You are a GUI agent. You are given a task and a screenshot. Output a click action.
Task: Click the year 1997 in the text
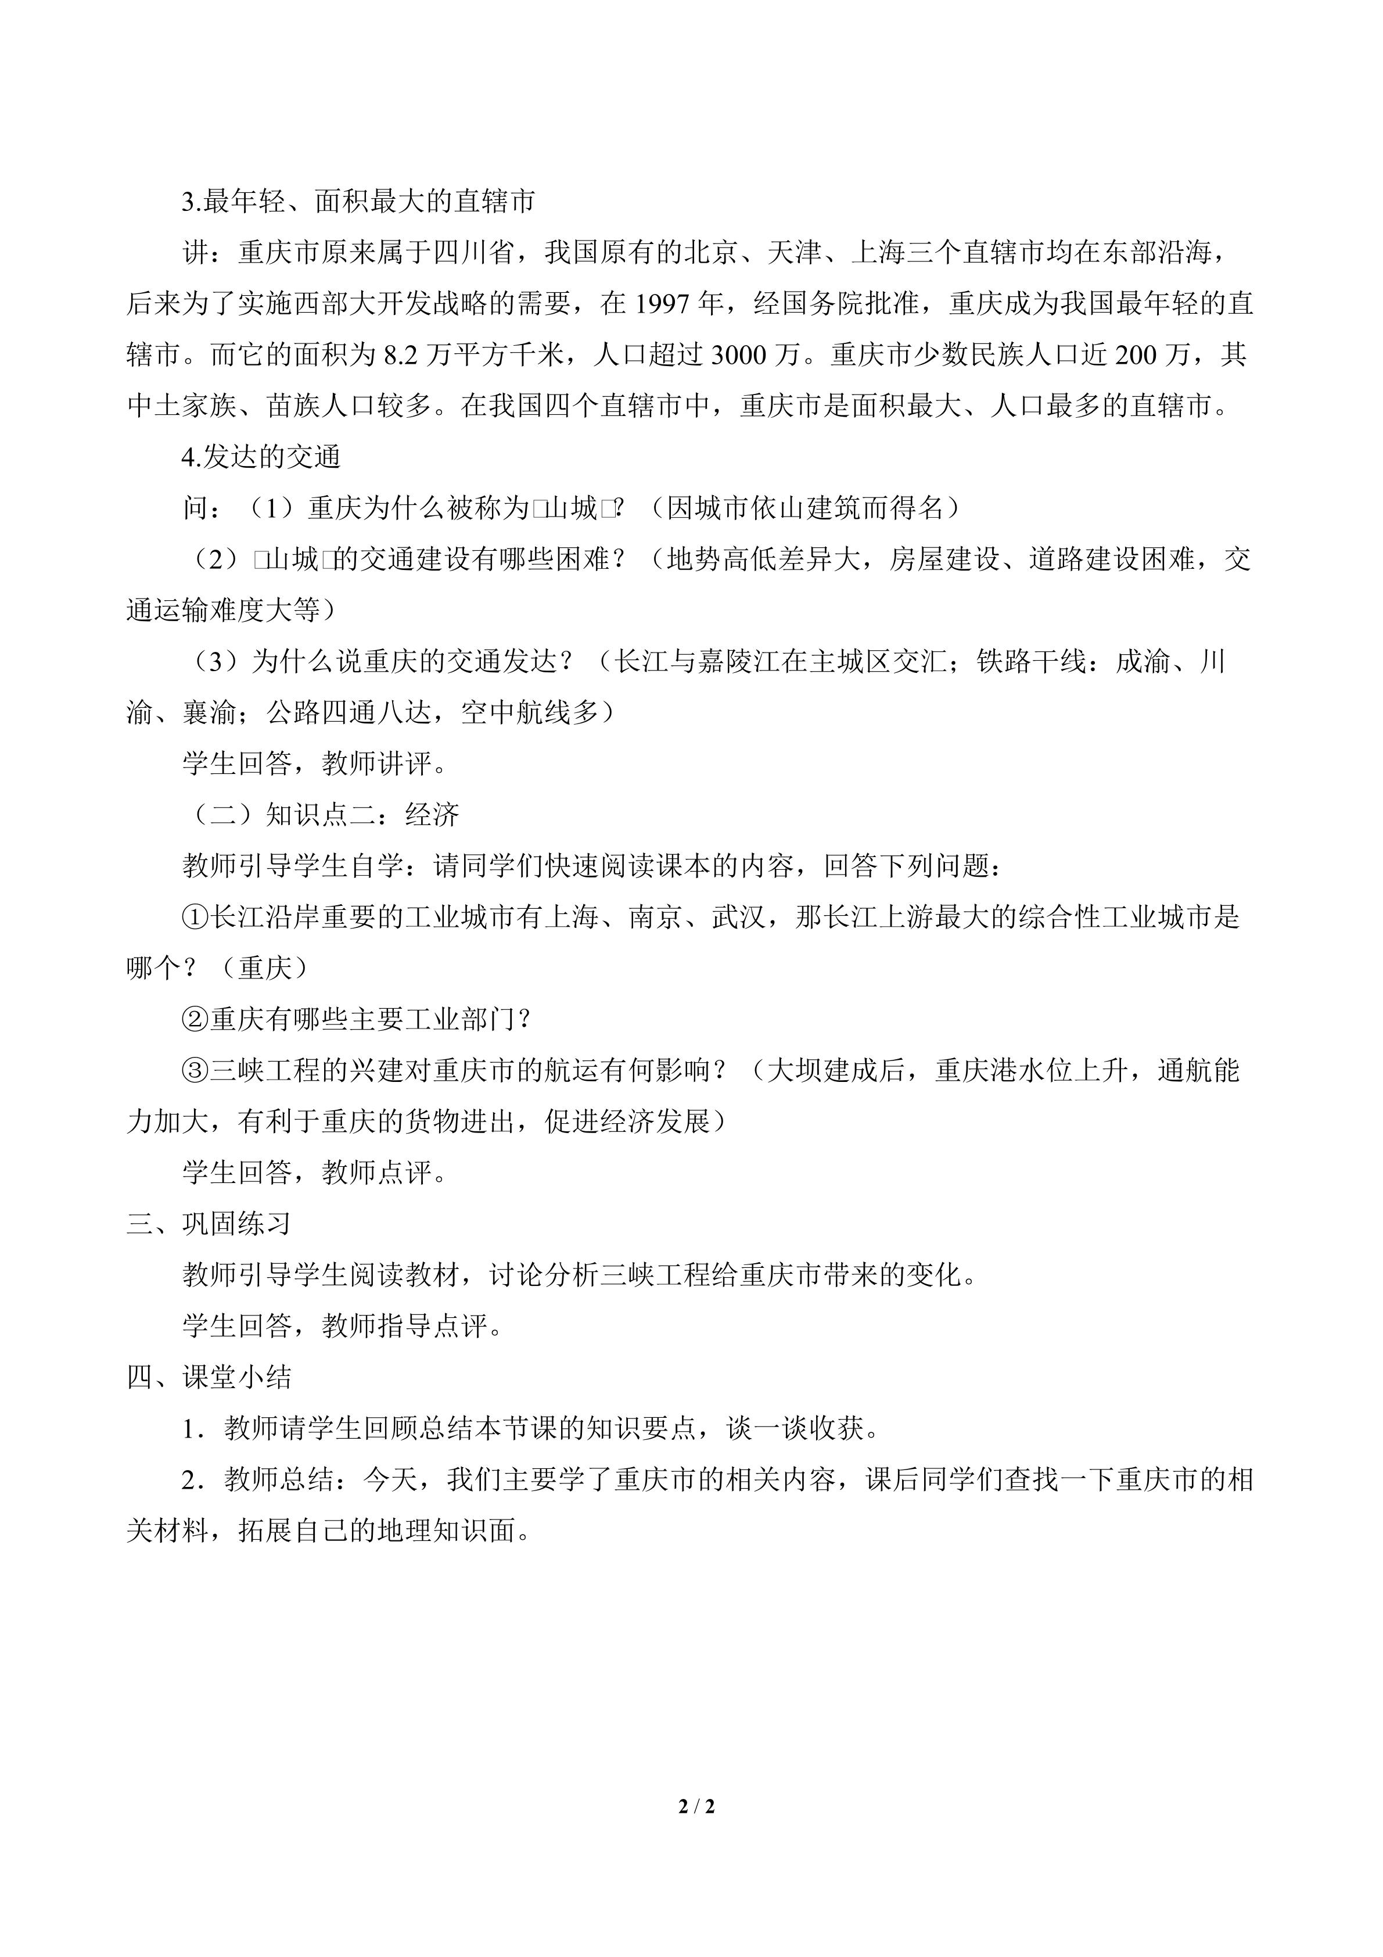[664, 303]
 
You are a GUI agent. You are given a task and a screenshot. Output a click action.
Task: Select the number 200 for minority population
[1139, 354]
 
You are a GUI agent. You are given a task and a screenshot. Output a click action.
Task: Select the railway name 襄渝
[209, 712]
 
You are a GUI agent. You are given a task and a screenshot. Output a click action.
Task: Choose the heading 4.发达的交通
[261, 457]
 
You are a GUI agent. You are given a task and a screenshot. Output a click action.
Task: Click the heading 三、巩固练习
[209, 1224]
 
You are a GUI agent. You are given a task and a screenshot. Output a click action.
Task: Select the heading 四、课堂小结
[209, 1378]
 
